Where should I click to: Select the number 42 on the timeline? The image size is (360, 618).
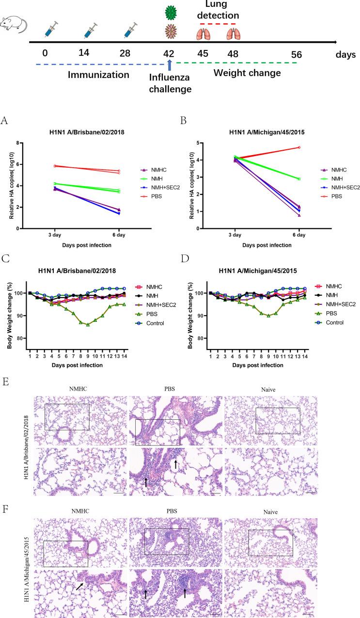tap(168, 53)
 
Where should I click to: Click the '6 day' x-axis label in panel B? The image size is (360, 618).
tap(299, 235)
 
